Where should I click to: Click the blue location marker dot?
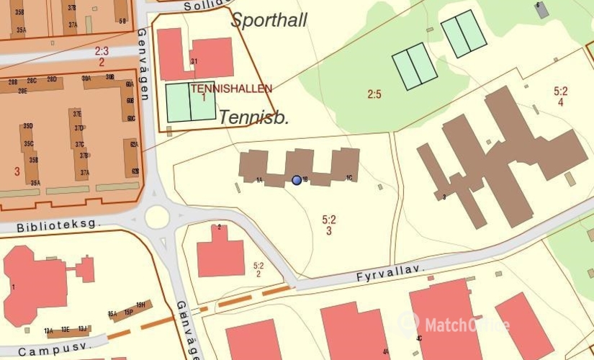[297, 180]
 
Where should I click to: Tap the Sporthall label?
[269, 20]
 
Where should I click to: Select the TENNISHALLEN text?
[232, 89]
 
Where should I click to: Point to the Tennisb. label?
[253, 117]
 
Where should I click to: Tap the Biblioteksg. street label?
[49, 225]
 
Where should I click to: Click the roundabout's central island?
[157, 216]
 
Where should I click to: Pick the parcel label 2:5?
[374, 94]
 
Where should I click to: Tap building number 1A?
[258, 180]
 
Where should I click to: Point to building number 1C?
[349, 178]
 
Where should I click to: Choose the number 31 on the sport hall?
[194, 61]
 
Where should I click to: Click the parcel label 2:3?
[102, 51]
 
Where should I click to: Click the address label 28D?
[52, 78]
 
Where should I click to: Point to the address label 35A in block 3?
[35, 183]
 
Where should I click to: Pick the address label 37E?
[76, 114]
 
